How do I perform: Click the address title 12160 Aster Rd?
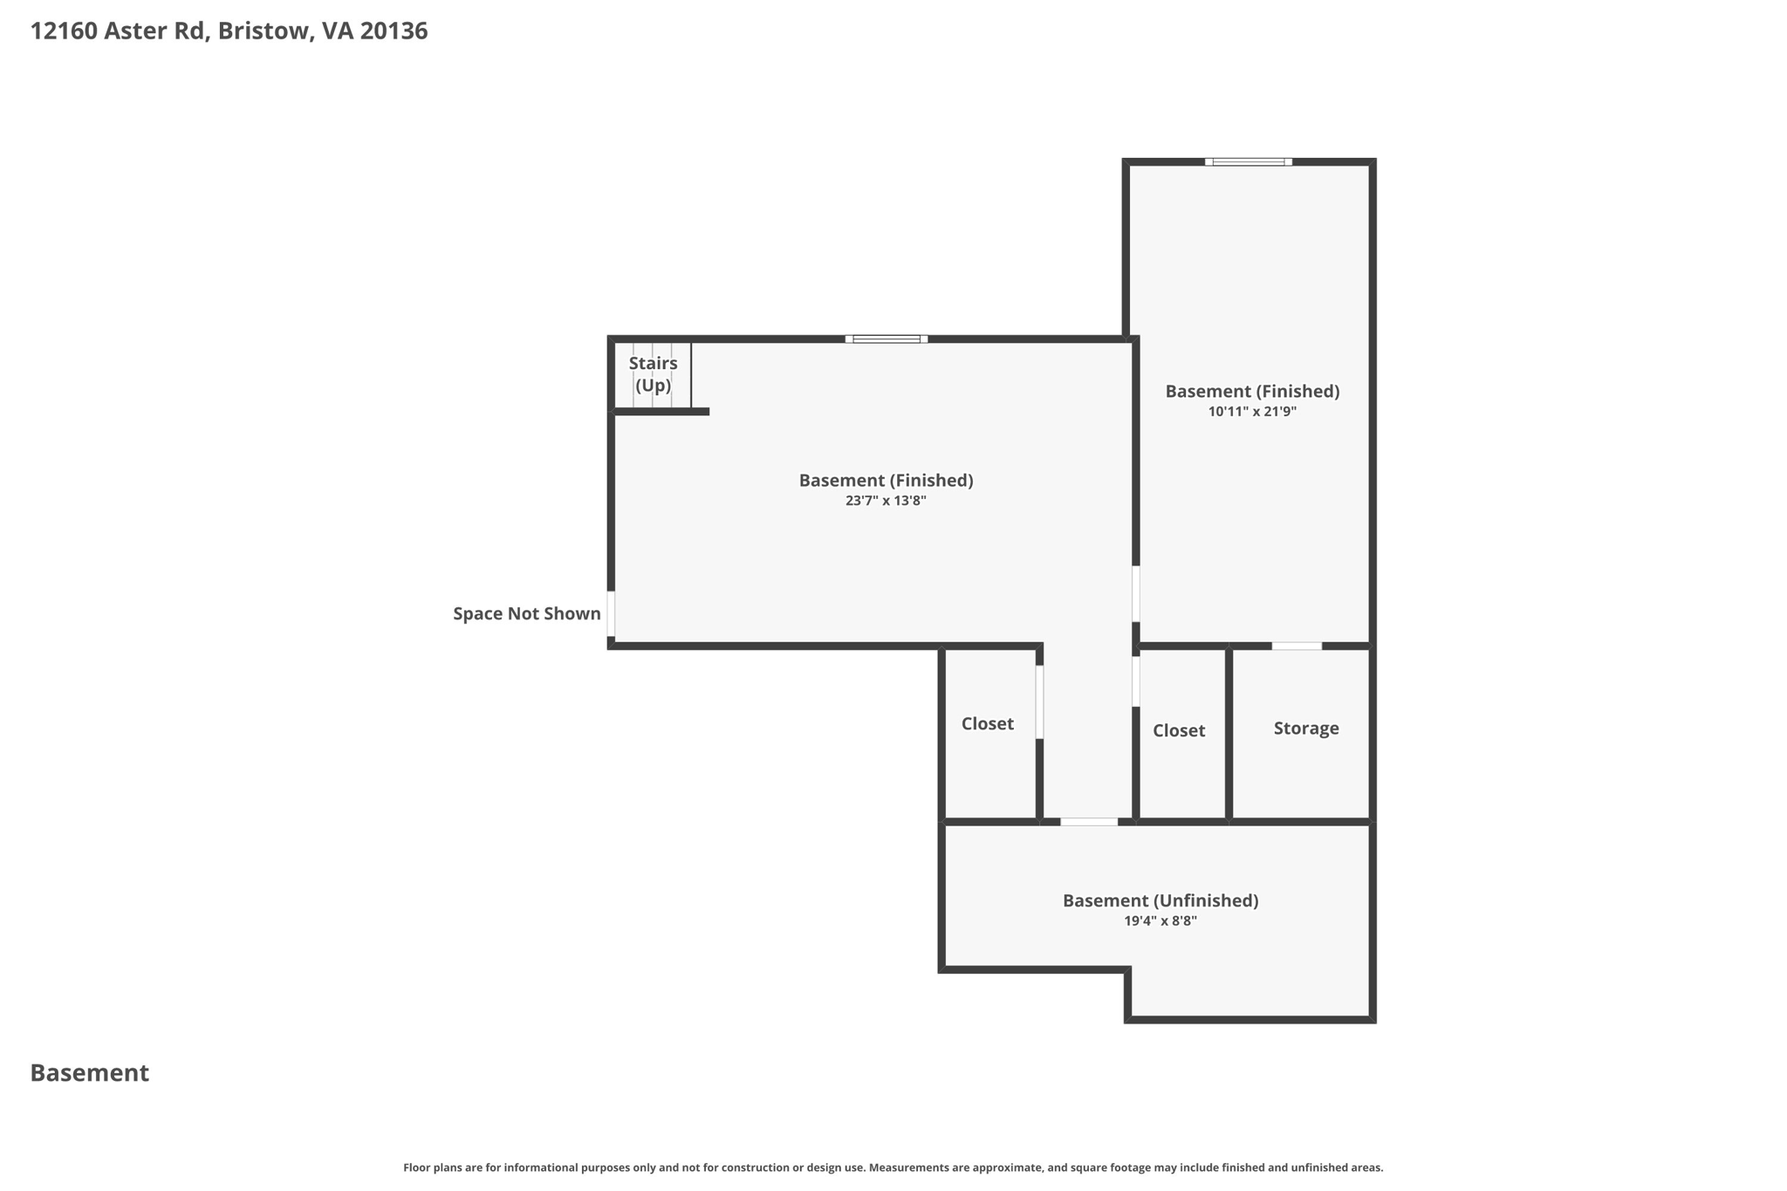point(120,31)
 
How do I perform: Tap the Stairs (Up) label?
point(653,373)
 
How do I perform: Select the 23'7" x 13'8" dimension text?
point(886,501)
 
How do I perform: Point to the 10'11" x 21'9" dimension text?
point(1252,412)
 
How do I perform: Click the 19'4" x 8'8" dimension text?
point(1161,921)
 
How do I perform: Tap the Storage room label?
point(1306,728)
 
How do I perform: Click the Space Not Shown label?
point(527,613)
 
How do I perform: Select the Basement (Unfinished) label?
point(1161,900)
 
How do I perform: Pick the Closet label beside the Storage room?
point(1179,730)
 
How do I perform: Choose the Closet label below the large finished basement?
point(988,723)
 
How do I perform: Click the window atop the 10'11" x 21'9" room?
point(1249,161)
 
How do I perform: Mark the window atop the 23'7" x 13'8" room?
point(887,339)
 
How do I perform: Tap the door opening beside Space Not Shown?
point(611,614)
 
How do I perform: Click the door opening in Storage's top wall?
point(1297,646)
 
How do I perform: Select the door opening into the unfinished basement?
point(1089,821)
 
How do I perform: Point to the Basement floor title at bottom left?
point(90,1073)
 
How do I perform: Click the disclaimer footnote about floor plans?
point(893,1167)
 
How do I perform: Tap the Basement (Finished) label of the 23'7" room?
point(886,480)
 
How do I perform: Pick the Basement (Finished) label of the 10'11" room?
point(1252,391)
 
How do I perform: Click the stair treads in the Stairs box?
point(653,375)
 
